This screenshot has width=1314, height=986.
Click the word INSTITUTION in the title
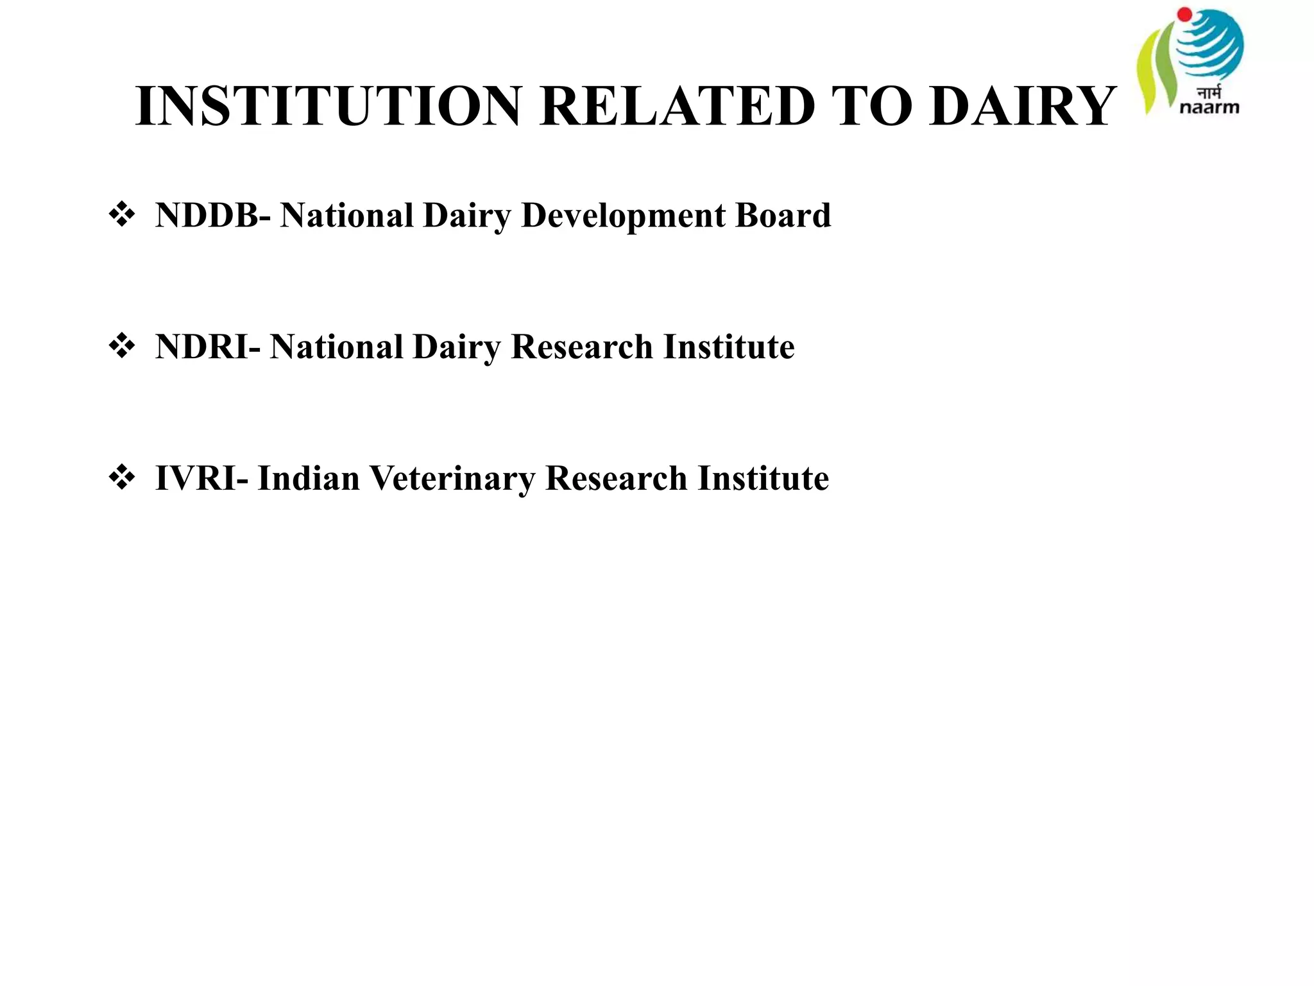click(328, 106)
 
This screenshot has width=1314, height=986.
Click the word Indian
click(309, 479)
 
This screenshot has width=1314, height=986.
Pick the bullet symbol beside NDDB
click(122, 215)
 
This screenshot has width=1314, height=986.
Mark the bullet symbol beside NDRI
click(122, 347)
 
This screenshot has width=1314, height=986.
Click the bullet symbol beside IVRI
click(122, 478)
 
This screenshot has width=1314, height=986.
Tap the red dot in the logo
click(1184, 14)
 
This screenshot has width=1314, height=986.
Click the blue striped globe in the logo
click(1209, 45)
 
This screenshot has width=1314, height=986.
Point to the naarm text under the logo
click(1209, 107)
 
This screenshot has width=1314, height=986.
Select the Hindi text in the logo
click(1209, 92)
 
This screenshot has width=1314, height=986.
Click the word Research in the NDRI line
click(581, 347)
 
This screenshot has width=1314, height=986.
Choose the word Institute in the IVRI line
click(764, 479)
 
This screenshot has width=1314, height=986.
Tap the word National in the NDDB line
click(346, 216)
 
